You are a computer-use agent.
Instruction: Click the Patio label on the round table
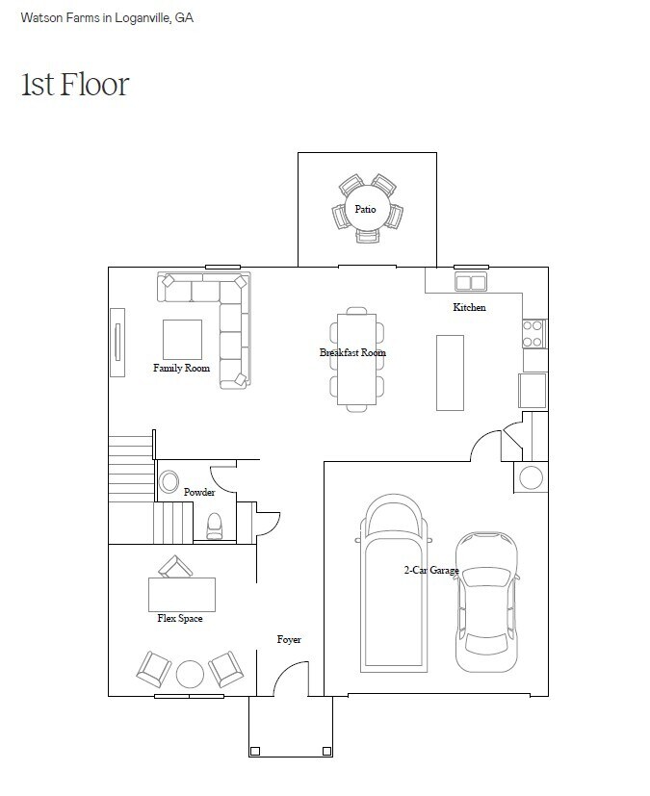click(x=365, y=209)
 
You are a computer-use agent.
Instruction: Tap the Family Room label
click(x=181, y=368)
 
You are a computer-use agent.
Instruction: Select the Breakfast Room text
click(x=352, y=352)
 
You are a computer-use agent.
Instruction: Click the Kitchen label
click(x=469, y=307)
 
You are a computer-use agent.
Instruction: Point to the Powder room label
click(x=199, y=492)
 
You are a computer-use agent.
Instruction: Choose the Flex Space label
click(x=180, y=618)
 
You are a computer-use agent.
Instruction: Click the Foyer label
click(x=289, y=640)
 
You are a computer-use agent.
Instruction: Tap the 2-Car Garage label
click(x=431, y=570)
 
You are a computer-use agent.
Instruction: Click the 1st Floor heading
click(x=75, y=85)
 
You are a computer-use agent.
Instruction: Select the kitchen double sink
click(x=471, y=282)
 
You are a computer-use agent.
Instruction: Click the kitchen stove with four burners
click(x=534, y=334)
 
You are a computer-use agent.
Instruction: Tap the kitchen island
click(x=450, y=372)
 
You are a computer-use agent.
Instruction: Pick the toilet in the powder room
click(x=215, y=526)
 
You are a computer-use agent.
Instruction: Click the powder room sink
click(x=169, y=481)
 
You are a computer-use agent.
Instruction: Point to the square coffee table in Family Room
click(x=182, y=340)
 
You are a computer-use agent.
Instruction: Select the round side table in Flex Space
click(x=190, y=674)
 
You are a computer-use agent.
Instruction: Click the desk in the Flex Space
click(x=182, y=595)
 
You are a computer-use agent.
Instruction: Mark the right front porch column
click(x=327, y=752)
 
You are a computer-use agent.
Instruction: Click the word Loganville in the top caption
click(x=143, y=17)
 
